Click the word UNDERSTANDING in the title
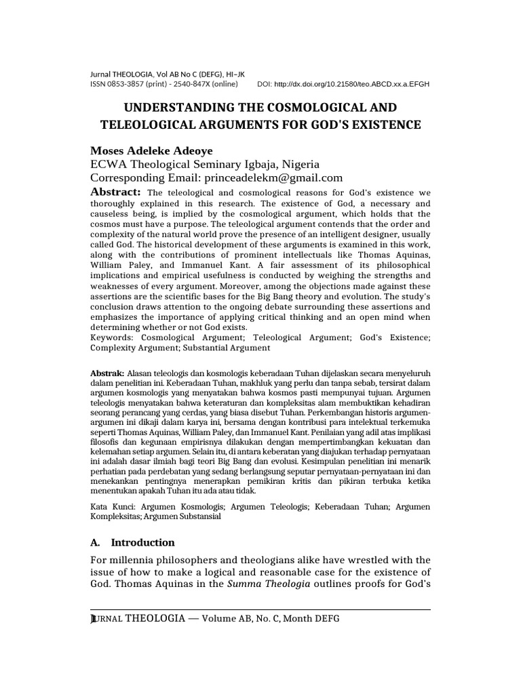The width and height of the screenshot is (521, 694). pos(175,108)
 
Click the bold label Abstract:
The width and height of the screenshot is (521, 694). pos(115,192)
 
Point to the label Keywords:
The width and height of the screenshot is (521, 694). pos(113,337)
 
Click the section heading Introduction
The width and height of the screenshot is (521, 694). pos(142,543)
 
